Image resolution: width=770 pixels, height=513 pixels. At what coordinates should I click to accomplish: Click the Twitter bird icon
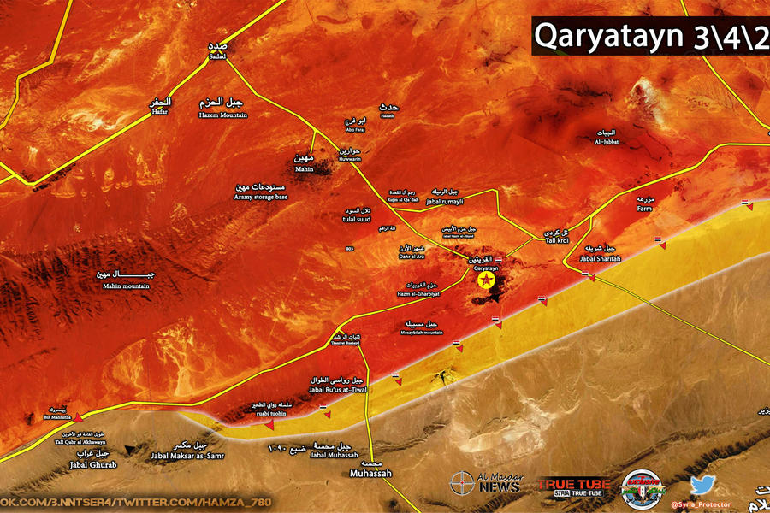tap(702, 485)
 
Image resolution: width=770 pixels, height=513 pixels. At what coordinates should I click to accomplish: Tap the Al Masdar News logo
tap(485, 484)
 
